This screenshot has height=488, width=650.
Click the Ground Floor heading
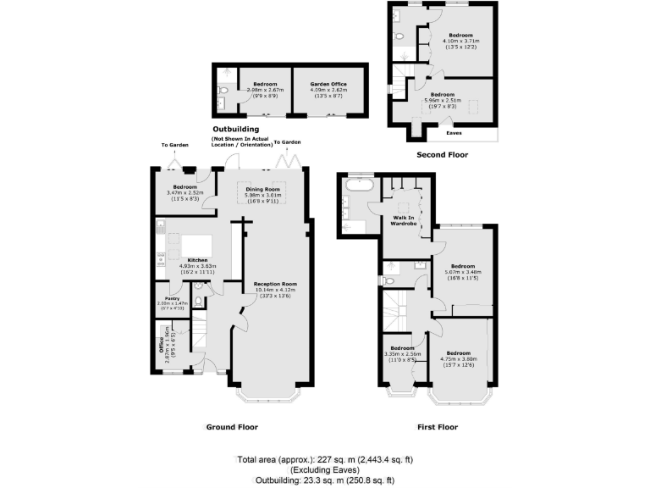click(x=232, y=427)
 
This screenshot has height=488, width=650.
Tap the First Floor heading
click(x=438, y=427)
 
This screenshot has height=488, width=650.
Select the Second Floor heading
click(x=442, y=155)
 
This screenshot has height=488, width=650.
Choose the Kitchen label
click(x=198, y=259)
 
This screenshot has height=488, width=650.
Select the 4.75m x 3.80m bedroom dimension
click(x=459, y=358)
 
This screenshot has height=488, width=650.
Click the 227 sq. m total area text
click(x=325, y=459)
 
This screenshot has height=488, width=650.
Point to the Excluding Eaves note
click(x=326, y=469)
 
